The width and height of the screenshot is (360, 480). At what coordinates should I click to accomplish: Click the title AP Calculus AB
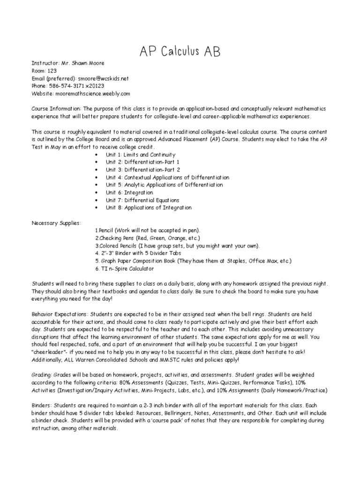point(180,51)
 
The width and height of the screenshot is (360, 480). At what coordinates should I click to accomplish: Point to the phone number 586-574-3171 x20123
point(76,86)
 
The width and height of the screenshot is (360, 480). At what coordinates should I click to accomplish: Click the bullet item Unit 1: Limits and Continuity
point(140,155)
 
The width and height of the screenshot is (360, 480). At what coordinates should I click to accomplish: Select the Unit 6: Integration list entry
point(129,192)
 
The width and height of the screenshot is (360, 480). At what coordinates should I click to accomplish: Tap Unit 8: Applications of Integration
point(148,207)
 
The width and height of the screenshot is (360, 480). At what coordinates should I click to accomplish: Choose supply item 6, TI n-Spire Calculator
point(124,269)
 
